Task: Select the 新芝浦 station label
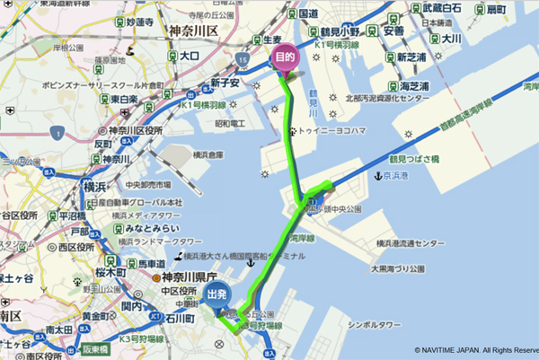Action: click(411, 56)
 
